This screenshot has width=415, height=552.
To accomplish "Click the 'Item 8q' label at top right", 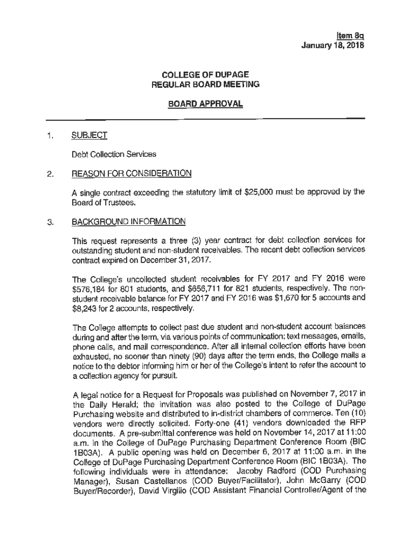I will pyautogui.click(x=351, y=37).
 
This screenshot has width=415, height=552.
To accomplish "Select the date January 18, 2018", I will pyautogui.click(x=333, y=46).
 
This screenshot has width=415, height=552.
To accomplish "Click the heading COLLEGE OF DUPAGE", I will pyautogui.click(x=205, y=74).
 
